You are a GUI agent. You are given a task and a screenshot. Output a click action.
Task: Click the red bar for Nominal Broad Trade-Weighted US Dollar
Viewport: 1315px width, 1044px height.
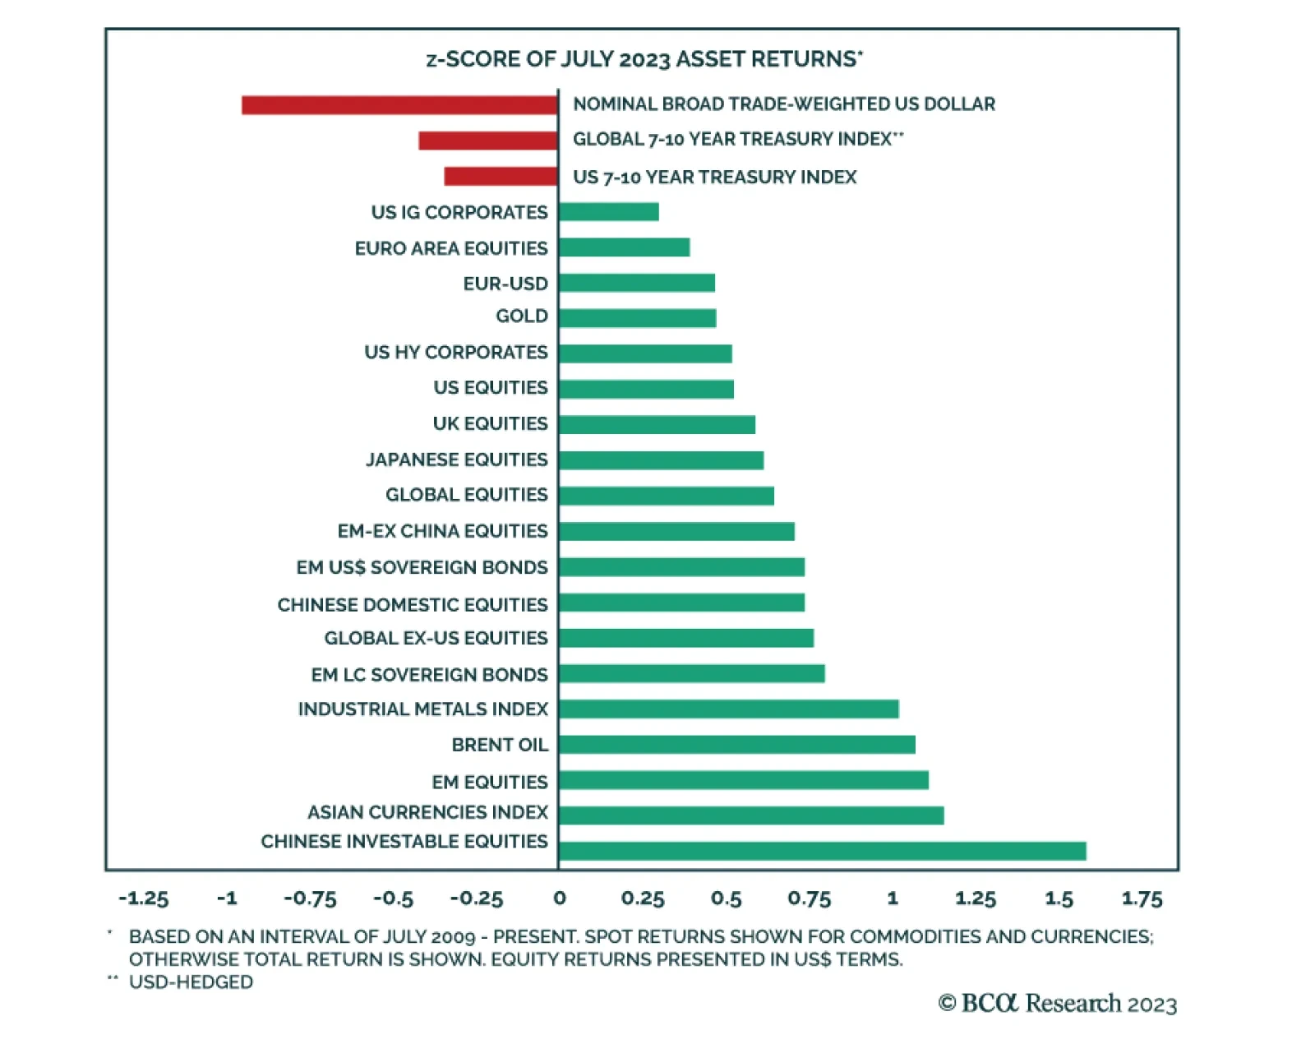coord(399,105)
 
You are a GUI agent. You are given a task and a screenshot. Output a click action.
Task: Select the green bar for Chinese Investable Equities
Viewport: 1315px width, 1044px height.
coord(822,851)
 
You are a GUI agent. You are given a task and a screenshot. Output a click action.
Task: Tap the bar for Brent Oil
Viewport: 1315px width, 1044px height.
coord(736,745)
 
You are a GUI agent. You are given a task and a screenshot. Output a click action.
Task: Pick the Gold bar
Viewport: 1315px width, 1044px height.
coord(637,318)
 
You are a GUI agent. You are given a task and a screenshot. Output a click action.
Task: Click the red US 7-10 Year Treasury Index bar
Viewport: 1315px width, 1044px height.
coord(501,177)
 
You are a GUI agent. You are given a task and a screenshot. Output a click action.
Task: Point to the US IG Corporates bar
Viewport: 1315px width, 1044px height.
coord(608,212)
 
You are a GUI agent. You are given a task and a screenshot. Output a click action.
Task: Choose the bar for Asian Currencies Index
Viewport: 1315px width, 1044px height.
coord(750,815)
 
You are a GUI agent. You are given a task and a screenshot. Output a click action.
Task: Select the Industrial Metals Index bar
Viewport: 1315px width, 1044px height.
coord(728,709)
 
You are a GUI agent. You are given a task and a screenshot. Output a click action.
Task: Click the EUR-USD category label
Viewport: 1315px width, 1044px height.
coord(505,284)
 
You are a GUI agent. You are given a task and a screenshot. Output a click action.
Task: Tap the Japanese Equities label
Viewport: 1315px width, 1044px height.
coord(456,460)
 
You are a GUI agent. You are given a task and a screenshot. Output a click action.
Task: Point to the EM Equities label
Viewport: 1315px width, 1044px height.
coord(489,782)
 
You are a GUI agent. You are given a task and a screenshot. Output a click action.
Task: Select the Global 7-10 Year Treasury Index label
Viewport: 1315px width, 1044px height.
coord(737,139)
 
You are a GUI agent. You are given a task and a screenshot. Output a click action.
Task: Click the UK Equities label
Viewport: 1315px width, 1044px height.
coord(490,423)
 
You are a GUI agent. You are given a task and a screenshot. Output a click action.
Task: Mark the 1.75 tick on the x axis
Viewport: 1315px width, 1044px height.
coord(1142,898)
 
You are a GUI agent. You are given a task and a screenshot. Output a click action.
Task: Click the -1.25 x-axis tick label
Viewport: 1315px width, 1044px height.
coord(143,898)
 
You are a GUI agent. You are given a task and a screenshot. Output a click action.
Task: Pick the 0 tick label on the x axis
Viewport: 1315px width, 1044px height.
coord(559,898)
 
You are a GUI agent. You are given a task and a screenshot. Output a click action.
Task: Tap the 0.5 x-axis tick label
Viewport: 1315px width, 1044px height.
coord(726,898)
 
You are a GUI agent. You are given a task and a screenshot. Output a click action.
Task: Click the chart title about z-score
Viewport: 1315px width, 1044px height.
coord(644,59)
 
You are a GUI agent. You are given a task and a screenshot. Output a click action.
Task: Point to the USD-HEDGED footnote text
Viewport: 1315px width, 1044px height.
coord(191,982)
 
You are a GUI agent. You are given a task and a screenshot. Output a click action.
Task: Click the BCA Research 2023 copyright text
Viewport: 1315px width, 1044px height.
coord(1057,1004)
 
